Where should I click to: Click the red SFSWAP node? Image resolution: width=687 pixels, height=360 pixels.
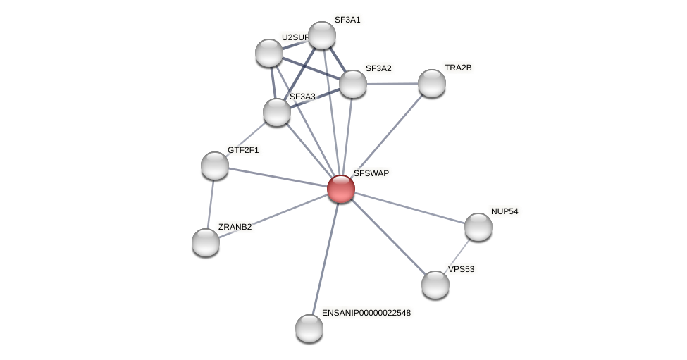point(340,189)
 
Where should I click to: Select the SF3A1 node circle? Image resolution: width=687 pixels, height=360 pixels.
point(322,35)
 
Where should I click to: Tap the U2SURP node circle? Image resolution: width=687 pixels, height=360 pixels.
point(268,53)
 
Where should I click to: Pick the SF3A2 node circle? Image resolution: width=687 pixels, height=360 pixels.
point(353,84)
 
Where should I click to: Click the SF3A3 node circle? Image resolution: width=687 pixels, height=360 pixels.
point(277,112)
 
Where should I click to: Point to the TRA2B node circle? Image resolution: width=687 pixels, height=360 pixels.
point(432,83)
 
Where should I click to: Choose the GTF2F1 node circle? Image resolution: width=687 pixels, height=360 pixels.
point(215,166)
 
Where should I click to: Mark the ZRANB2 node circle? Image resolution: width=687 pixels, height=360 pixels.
point(206,242)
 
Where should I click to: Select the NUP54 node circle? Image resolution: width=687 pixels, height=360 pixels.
point(478,227)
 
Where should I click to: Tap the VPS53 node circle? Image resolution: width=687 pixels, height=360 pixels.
point(435,285)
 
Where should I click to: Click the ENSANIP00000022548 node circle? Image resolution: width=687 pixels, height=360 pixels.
point(309,328)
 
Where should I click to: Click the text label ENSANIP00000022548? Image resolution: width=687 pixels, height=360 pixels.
point(366,312)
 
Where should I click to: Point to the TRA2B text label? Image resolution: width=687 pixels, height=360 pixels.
point(458,68)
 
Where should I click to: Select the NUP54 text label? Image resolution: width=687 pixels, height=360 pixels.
point(505,211)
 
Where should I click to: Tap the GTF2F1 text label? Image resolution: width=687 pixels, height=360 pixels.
point(243,150)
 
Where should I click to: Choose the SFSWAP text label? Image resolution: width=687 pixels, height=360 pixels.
point(371,173)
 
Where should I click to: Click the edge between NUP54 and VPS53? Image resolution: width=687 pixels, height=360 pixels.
point(457,256)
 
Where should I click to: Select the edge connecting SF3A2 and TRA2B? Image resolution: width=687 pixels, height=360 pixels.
point(392,84)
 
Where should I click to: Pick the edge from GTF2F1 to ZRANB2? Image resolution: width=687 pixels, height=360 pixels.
point(211,204)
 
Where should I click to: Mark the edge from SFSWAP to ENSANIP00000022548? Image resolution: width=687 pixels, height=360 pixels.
point(326,257)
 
